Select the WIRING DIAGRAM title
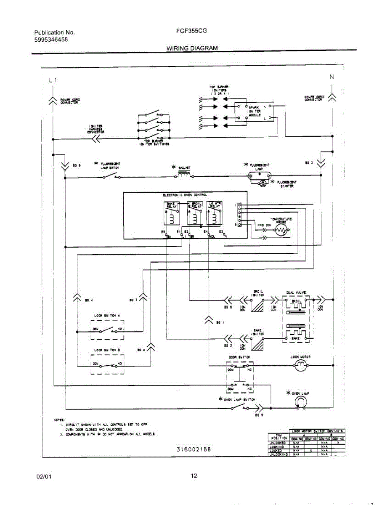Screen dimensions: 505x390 [192, 48]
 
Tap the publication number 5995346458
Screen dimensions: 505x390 [51, 40]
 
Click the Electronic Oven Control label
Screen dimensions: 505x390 [185, 195]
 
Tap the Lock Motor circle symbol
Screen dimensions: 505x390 [300, 366]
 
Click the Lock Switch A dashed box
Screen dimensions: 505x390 [108, 329]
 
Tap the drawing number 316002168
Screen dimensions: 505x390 [194, 449]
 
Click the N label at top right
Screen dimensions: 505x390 [332, 77]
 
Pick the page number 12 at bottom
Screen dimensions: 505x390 [194, 476]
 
